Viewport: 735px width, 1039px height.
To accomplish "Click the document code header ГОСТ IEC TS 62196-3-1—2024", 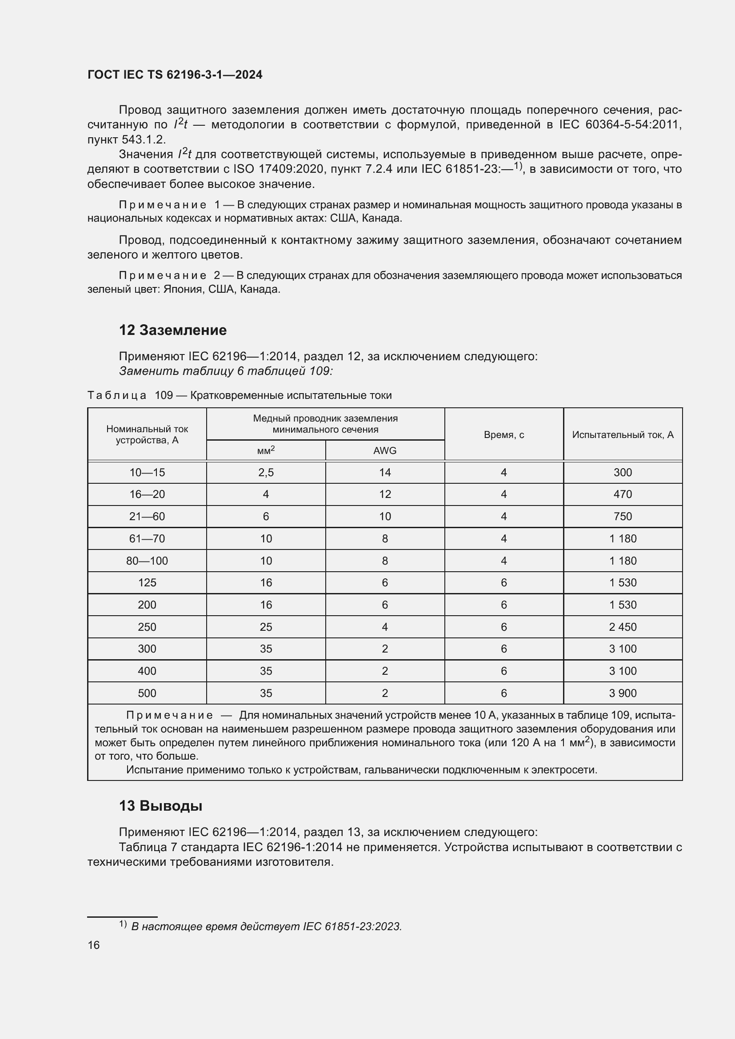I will (175, 75).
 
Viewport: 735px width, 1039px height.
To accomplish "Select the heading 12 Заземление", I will (172, 330).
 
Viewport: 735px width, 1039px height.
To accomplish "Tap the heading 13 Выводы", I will (160, 805).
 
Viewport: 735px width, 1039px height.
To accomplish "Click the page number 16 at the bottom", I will (94, 945).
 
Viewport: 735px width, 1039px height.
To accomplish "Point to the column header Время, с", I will (504, 434).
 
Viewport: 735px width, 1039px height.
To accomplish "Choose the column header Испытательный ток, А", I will (623, 434).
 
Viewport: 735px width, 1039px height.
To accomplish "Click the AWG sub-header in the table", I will (385, 451).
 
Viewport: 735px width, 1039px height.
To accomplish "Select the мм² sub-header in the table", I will (266, 451).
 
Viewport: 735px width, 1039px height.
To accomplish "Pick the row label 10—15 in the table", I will (147, 473).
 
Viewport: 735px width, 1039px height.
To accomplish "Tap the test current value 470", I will (623, 494).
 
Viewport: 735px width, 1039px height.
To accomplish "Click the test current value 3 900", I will (623, 693).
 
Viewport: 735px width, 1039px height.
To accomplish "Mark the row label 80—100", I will (147, 561).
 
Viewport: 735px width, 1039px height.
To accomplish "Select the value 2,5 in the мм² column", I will (266, 473).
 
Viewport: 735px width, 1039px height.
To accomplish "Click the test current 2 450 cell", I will (623, 627).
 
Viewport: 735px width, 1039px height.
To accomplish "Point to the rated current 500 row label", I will (147, 693).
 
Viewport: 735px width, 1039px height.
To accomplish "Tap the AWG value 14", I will (385, 473).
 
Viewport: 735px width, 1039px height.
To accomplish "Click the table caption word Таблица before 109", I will (117, 395).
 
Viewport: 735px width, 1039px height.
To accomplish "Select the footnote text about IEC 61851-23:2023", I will (266, 926).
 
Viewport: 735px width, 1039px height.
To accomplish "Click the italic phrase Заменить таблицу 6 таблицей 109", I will (226, 371).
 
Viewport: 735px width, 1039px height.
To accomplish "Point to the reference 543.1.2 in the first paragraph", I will (144, 139).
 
